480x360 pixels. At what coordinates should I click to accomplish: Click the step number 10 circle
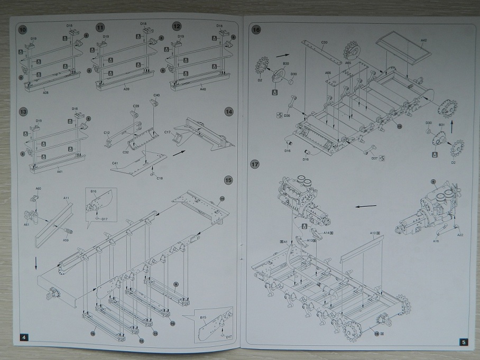(22, 30)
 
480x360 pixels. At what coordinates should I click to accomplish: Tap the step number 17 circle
(255, 164)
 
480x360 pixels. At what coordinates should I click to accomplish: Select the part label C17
(167, 131)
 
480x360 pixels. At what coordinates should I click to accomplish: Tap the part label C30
(324, 42)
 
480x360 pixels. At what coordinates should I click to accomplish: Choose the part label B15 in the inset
(203, 317)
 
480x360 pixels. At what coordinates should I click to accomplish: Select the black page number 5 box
(463, 342)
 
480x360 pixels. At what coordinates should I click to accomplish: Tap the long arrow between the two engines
(365, 206)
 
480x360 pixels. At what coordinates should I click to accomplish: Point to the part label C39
(135, 106)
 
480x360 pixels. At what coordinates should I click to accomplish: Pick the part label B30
(285, 63)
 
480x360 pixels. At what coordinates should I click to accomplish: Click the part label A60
(38, 189)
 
